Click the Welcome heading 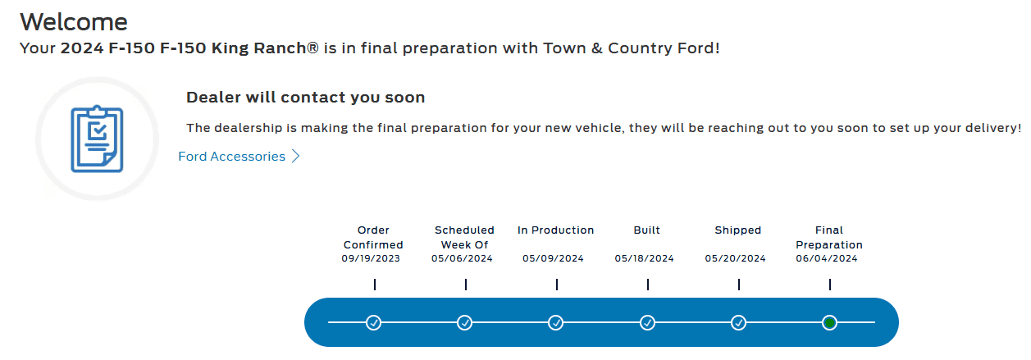[73, 21]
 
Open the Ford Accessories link [231, 157]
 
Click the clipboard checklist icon [97, 139]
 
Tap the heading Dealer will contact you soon [305, 98]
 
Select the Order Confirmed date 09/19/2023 [371, 258]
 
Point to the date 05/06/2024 [462, 258]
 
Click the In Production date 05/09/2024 [553, 258]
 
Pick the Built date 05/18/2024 [644, 258]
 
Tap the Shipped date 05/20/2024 [735, 258]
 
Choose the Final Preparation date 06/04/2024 [826, 258]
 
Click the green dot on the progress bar [829, 322]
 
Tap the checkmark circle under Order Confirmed [374, 322]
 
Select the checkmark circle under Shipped [738, 322]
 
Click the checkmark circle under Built [647, 322]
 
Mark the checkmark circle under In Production [556, 322]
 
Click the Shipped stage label [737, 230]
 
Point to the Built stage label [646, 230]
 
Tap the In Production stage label [555, 230]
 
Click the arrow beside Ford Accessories [296, 157]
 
